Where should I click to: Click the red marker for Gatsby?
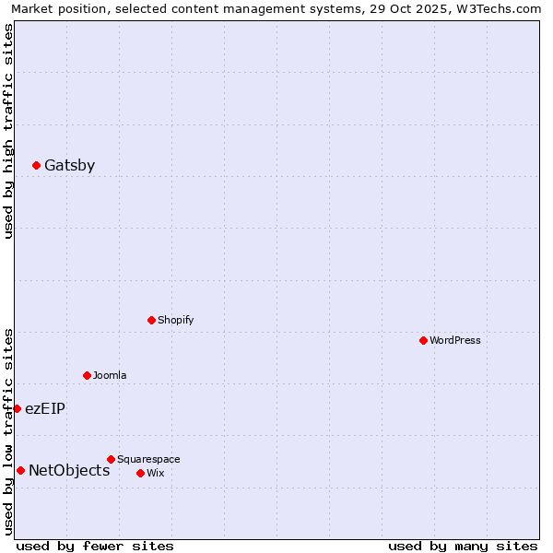tap(36, 165)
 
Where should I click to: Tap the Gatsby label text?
tap(69, 166)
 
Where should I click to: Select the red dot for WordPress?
tap(423, 340)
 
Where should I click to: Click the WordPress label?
tap(455, 340)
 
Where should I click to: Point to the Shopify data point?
tap(151, 320)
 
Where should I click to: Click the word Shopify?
tap(175, 320)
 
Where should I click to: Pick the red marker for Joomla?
tap(87, 375)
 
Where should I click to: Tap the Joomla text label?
tap(110, 375)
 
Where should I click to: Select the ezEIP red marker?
tap(17, 408)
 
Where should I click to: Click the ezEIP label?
tap(44, 408)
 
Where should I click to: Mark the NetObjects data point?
tap(20, 470)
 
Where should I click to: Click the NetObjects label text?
tap(69, 471)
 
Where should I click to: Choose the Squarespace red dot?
tap(111, 459)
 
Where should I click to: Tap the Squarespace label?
tap(148, 459)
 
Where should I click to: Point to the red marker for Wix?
tap(140, 473)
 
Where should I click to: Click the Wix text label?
tap(155, 473)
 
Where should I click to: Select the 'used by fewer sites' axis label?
tap(95, 546)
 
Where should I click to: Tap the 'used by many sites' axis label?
tap(463, 546)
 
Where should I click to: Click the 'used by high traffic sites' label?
tap(8, 131)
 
